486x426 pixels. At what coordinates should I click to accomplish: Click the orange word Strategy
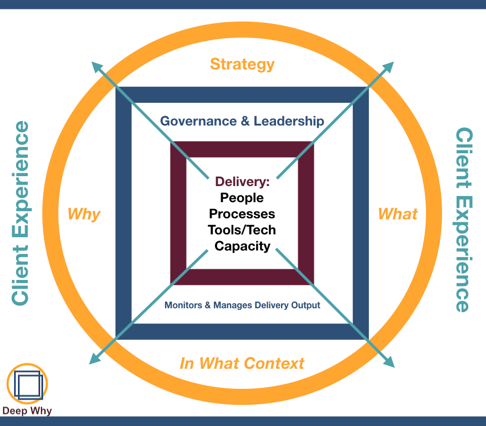(242, 64)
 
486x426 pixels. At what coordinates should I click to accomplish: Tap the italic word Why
(84, 214)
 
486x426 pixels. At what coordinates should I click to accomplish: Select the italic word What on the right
(398, 214)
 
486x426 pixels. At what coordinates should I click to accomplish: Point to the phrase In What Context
(242, 364)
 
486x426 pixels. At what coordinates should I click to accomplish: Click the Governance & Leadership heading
(242, 121)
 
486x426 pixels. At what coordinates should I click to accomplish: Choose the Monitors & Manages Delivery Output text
(242, 305)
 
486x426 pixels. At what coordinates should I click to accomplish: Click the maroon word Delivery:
(242, 182)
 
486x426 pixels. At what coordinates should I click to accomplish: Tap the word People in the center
(242, 198)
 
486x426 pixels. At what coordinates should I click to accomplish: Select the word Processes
(242, 214)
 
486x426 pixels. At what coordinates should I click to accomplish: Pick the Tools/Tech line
(242, 230)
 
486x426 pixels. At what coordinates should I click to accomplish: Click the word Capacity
(242, 246)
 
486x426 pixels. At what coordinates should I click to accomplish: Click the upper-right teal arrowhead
(388, 67)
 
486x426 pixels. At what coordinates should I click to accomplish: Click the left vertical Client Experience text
(21, 213)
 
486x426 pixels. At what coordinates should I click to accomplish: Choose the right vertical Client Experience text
(464, 220)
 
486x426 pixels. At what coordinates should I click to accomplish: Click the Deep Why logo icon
(27, 384)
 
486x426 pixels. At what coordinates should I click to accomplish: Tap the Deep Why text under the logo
(27, 411)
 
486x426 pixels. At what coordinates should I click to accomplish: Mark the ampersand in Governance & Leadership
(245, 121)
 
